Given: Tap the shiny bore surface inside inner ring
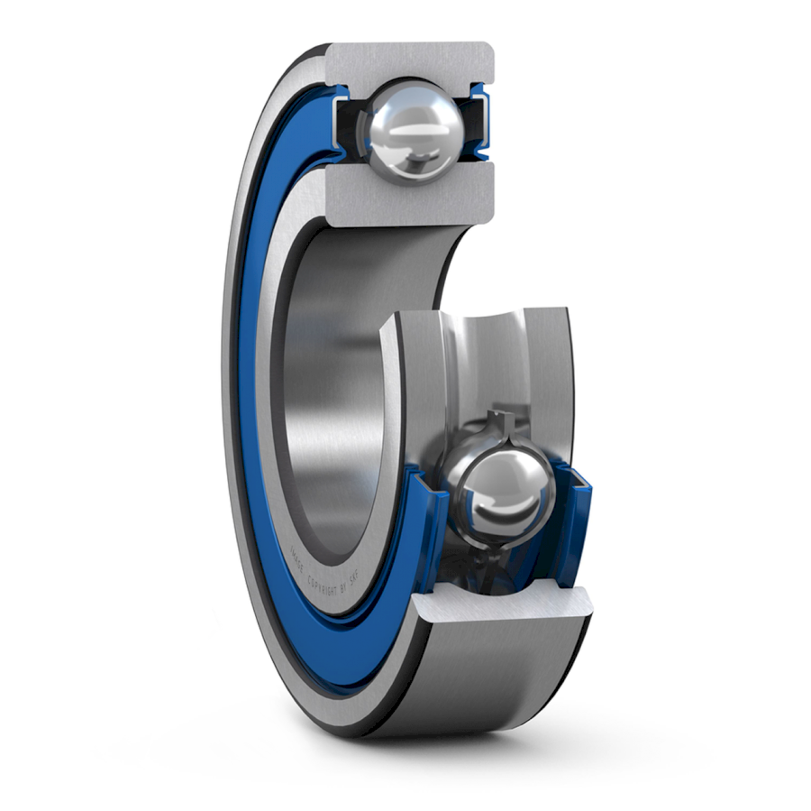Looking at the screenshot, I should coord(333,379).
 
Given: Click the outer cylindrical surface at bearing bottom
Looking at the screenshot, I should coord(505,686).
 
